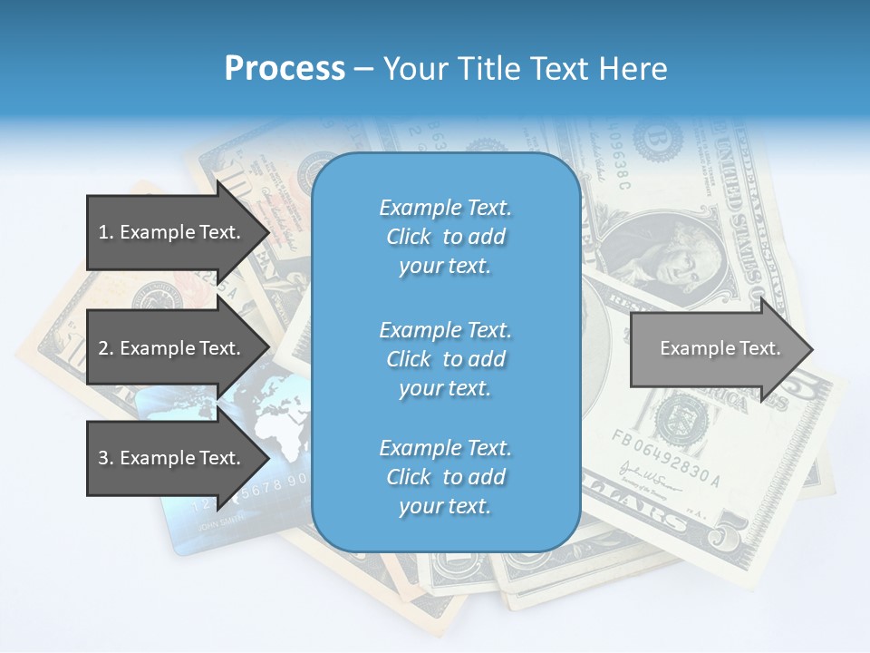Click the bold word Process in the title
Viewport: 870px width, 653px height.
click(x=285, y=69)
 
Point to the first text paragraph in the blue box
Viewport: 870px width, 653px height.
click(x=445, y=237)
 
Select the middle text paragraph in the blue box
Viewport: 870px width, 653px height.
click(x=445, y=358)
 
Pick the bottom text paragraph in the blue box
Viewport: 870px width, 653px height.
click(x=445, y=477)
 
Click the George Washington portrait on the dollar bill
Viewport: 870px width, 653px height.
click(x=669, y=258)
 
